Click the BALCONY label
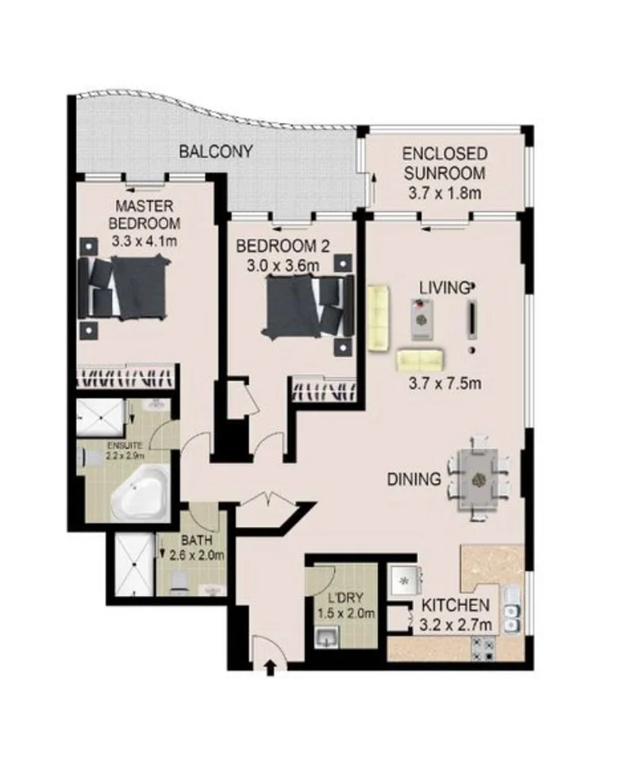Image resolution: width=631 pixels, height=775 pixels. pyautogui.click(x=215, y=151)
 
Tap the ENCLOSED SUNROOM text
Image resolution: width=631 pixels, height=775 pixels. pyautogui.click(x=444, y=163)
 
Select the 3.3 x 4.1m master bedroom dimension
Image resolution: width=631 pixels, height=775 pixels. pyautogui.click(x=144, y=239)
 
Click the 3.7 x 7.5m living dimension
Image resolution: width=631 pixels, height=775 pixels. pyautogui.click(x=445, y=385)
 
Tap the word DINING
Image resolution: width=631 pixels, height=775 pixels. pyautogui.click(x=414, y=479)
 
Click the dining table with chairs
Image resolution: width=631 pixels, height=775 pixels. pyautogui.click(x=479, y=478)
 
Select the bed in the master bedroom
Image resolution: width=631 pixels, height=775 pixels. pyautogui.click(x=127, y=287)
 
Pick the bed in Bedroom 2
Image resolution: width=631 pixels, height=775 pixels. pyautogui.click(x=306, y=305)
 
